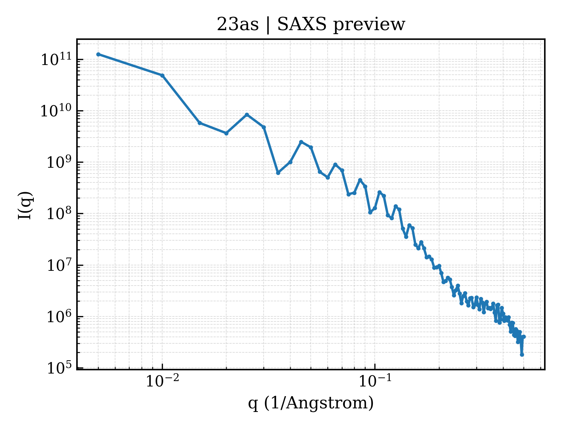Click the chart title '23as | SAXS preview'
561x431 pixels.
tap(311, 25)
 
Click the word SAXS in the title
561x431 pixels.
tap(302, 24)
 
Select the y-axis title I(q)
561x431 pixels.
tap(25, 205)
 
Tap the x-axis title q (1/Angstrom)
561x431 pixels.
tap(311, 403)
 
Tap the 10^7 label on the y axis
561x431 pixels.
tap(59, 265)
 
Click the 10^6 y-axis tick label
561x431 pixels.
tap(59, 316)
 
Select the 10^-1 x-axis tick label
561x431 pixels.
tap(375, 380)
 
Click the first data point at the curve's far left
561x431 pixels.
tap(99, 54)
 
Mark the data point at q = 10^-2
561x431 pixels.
tap(163, 75)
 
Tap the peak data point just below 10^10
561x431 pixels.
tap(247, 115)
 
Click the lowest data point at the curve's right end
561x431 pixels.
tap(522, 355)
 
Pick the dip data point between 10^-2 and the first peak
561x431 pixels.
tap(226, 133)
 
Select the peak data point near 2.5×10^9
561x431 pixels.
tap(301, 142)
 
